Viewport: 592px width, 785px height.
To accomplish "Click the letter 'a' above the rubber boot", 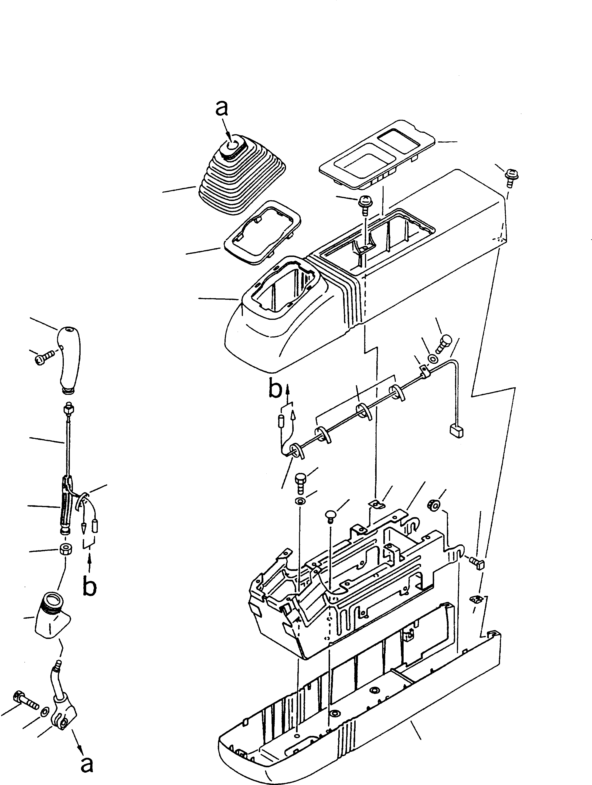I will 222,109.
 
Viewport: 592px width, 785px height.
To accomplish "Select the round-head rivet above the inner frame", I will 330,514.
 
